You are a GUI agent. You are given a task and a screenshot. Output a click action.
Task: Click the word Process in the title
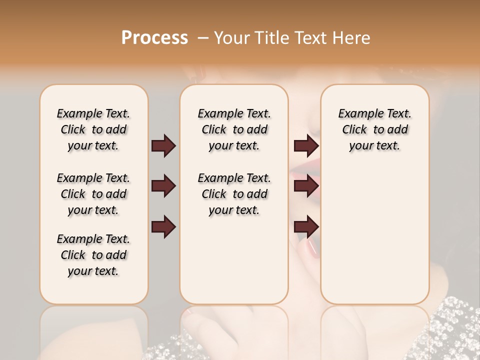[x=154, y=38]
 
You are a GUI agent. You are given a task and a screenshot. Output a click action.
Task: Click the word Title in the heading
[x=269, y=38]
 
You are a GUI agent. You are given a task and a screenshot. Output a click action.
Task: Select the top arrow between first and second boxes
[x=163, y=146]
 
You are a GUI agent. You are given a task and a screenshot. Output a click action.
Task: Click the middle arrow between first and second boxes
[x=163, y=186]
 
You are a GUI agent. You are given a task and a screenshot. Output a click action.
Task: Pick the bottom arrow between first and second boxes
[x=163, y=226]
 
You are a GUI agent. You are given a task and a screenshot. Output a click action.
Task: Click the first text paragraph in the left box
[x=93, y=129]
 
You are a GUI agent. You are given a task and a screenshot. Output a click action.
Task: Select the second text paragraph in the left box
[x=93, y=194]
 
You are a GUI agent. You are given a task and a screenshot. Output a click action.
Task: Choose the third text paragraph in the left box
[x=93, y=255]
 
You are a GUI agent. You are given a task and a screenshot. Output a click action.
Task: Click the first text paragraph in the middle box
[x=234, y=129]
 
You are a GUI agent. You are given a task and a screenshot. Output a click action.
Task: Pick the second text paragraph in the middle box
[x=234, y=194]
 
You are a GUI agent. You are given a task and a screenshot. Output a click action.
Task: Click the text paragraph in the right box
[x=374, y=129]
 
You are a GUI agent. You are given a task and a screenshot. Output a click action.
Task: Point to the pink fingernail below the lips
[x=312, y=248]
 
